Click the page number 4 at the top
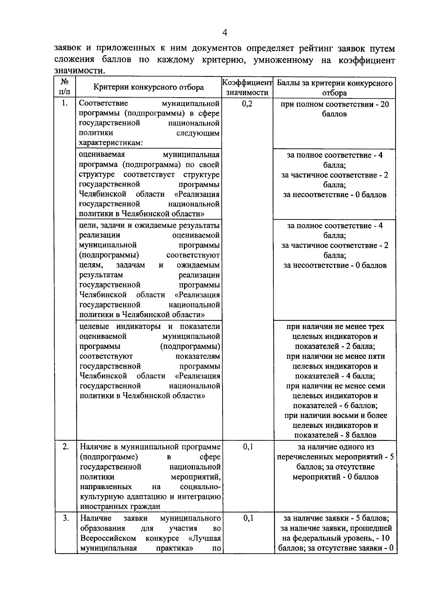(224, 33)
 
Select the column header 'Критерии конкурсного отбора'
(148, 87)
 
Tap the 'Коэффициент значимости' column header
(247, 88)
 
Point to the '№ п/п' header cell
(65, 87)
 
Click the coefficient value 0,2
(247, 104)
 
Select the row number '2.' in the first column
(66, 447)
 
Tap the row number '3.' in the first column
(66, 518)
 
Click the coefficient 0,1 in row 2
(248, 447)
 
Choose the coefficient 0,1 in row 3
(248, 518)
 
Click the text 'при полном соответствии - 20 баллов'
(334, 109)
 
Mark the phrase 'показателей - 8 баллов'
(335, 435)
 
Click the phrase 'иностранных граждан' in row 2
(120, 506)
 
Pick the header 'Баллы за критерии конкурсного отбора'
(334, 88)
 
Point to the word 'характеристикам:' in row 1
(110, 143)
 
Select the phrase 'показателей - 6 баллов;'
(335, 405)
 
